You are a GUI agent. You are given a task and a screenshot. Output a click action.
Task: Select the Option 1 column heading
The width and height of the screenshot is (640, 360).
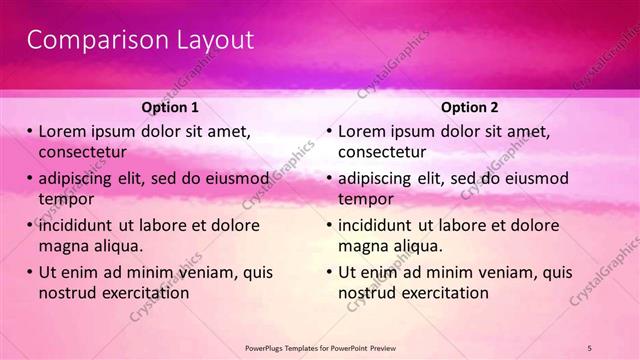coord(171,107)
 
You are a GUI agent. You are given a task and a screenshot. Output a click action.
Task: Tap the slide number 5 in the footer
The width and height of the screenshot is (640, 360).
coord(590,347)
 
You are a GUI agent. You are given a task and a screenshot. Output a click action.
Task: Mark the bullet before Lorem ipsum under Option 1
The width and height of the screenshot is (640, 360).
coord(30,132)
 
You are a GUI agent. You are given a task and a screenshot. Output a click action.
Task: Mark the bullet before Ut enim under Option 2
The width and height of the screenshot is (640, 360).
coord(330,272)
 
